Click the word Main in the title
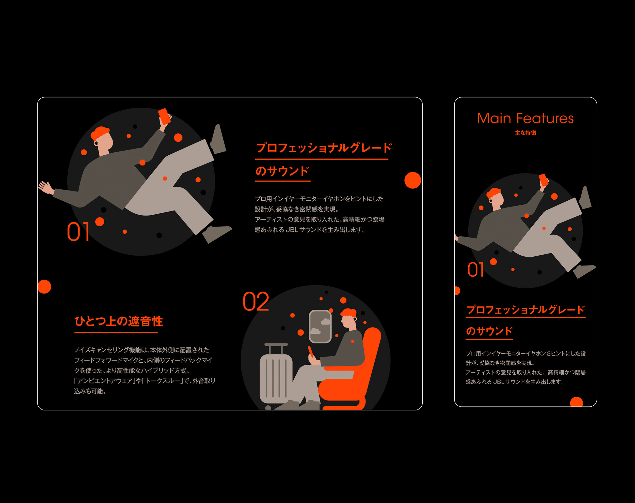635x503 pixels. pos(494,119)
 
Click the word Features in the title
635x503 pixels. pos(545,119)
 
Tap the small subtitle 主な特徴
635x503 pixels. pos(526,133)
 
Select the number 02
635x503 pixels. pos(256,302)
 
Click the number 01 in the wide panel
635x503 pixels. pos(78,231)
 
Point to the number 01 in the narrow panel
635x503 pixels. pos(475,270)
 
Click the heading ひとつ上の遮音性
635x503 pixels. pos(119,321)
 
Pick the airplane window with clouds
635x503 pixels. pos(320,326)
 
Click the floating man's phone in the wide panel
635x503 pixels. pos(164,116)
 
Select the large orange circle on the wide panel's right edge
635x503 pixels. pos(413,180)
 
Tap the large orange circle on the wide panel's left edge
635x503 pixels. pos(44,287)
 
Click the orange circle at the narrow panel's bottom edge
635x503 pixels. pos(576,402)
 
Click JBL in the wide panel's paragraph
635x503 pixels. pos(292,230)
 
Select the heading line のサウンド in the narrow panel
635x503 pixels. pos(489,331)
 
